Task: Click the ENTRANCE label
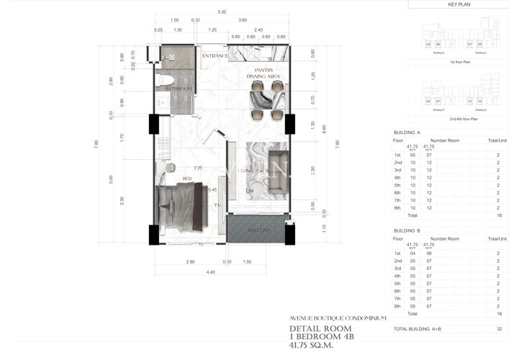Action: [215, 55]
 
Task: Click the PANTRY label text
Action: [263, 70]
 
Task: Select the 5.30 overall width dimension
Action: [222, 12]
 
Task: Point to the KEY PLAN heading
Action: [459, 4]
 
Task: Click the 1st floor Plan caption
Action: [459, 63]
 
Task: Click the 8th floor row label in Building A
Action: [397, 208]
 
